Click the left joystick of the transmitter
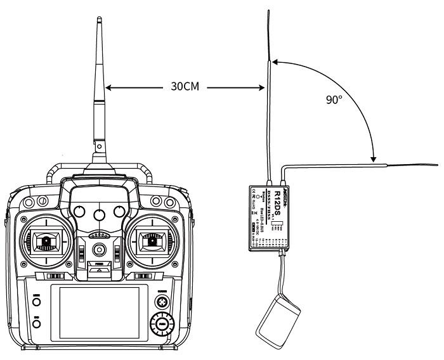tap(44, 240)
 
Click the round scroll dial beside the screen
tap(162, 326)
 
